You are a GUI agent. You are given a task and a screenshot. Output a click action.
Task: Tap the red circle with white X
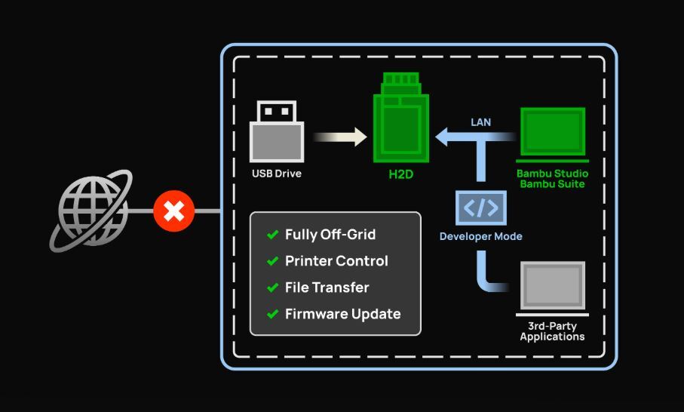(x=174, y=211)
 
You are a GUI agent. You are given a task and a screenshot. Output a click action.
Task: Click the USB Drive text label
(x=277, y=174)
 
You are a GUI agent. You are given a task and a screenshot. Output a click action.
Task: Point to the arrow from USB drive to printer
(x=339, y=137)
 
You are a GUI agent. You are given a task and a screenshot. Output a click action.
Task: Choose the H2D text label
(x=401, y=174)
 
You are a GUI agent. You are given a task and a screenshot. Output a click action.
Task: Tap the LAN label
(x=480, y=121)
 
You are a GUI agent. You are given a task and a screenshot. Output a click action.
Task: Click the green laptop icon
(x=552, y=134)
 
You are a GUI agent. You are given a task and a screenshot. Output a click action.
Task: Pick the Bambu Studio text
(x=552, y=174)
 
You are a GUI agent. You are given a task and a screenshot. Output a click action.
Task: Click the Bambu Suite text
(x=552, y=184)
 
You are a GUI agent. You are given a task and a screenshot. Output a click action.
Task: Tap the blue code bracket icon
(x=480, y=208)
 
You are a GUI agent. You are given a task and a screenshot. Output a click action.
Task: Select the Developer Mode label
(x=480, y=236)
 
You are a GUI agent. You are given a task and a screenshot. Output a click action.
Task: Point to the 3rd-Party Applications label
(x=552, y=331)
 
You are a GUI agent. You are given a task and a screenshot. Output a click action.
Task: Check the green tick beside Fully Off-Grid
(x=272, y=235)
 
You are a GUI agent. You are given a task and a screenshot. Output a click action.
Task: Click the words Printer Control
(x=336, y=261)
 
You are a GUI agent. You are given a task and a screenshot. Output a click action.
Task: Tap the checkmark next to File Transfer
(x=272, y=287)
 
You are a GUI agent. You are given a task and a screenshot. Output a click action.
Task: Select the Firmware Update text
(x=342, y=314)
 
